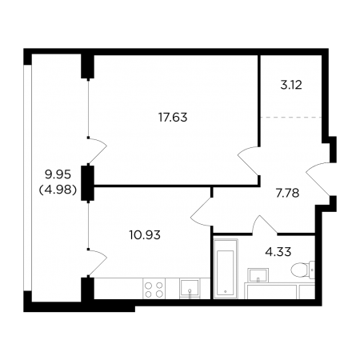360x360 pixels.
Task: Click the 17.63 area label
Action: coord(173,118)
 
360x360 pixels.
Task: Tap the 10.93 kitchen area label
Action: coord(145,235)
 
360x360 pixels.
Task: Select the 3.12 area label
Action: coord(291,86)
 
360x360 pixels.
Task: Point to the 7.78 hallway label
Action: coord(287,193)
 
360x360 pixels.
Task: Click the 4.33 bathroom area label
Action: coord(278,251)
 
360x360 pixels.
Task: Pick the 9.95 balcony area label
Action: coord(58,175)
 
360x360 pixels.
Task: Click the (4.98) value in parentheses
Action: coord(58,190)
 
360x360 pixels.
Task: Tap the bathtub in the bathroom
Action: coord(226,270)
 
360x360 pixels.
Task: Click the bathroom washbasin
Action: coord(258,275)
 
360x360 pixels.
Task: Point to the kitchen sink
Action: coord(190,288)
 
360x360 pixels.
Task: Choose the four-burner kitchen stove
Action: coord(154,289)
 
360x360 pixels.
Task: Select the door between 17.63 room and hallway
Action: coord(247,161)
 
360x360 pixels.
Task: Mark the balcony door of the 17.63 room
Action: coord(98,150)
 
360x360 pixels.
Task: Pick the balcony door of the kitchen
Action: coord(98,262)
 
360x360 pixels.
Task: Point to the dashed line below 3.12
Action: coord(290,117)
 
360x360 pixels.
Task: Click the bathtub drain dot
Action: coord(226,291)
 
